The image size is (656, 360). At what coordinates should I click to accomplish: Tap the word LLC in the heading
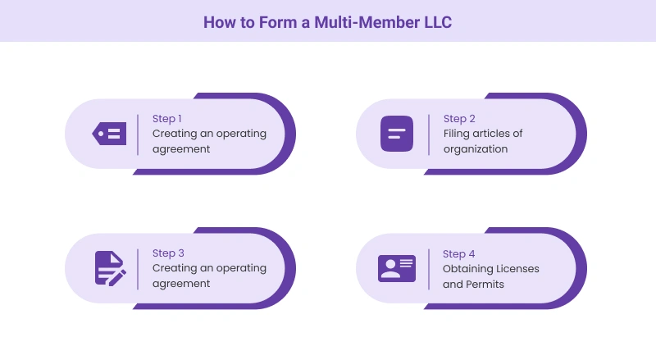(x=434, y=22)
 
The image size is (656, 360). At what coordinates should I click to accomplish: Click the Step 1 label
(x=167, y=119)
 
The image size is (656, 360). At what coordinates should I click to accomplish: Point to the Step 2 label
(x=459, y=119)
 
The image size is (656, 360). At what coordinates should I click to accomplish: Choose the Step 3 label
(x=167, y=253)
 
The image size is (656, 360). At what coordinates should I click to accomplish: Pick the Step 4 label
(x=459, y=253)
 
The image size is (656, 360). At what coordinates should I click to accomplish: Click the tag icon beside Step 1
(x=110, y=134)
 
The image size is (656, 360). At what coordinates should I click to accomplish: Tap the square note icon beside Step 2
(x=397, y=134)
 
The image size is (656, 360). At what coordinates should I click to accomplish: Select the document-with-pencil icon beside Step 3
(x=110, y=268)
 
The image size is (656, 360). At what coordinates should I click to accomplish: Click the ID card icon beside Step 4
(x=397, y=268)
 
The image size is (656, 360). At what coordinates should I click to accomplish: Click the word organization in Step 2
(x=476, y=149)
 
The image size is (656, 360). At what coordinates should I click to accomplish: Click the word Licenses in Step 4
(x=519, y=268)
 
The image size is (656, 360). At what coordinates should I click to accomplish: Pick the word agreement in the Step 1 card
(x=181, y=149)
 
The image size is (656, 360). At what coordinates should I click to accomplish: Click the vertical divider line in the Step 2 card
(x=429, y=134)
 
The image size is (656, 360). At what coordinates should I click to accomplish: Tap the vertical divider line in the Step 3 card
(x=138, y=268)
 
